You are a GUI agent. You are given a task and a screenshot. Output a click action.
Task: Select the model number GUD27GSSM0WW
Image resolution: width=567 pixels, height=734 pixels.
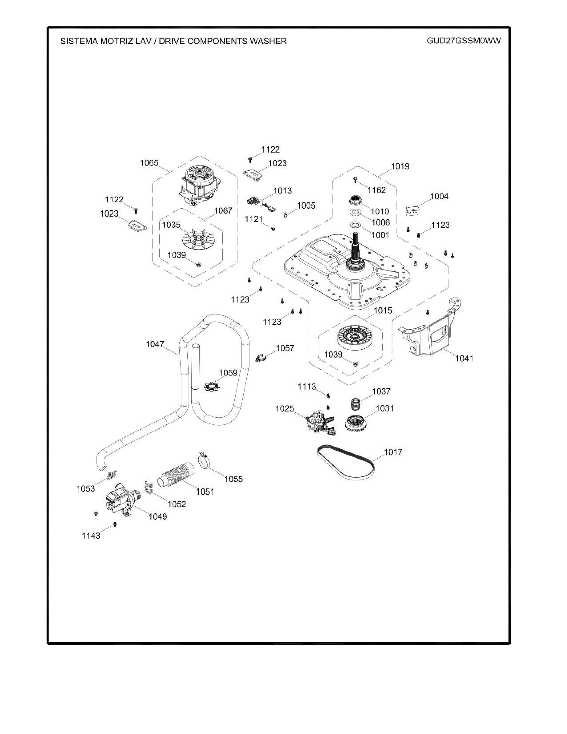(464, 41)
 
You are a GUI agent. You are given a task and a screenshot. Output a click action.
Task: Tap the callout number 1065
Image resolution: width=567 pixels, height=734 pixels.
(149, 163)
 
